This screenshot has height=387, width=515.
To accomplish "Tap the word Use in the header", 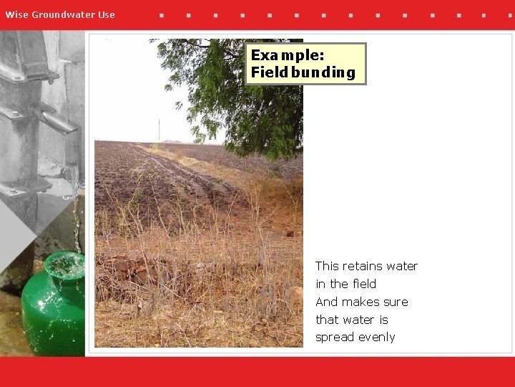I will tap(106, 14).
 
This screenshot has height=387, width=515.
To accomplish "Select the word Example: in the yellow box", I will tap(288, 55).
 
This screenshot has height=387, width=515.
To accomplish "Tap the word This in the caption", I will tap(328, 266).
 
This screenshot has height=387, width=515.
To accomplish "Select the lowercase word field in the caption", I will tap(363, 284).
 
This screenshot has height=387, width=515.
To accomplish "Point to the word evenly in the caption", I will tap(377, 338).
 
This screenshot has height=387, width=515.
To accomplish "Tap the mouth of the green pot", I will tap(65, 264).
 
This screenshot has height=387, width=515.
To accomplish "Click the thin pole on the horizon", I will tap(159, 130).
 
